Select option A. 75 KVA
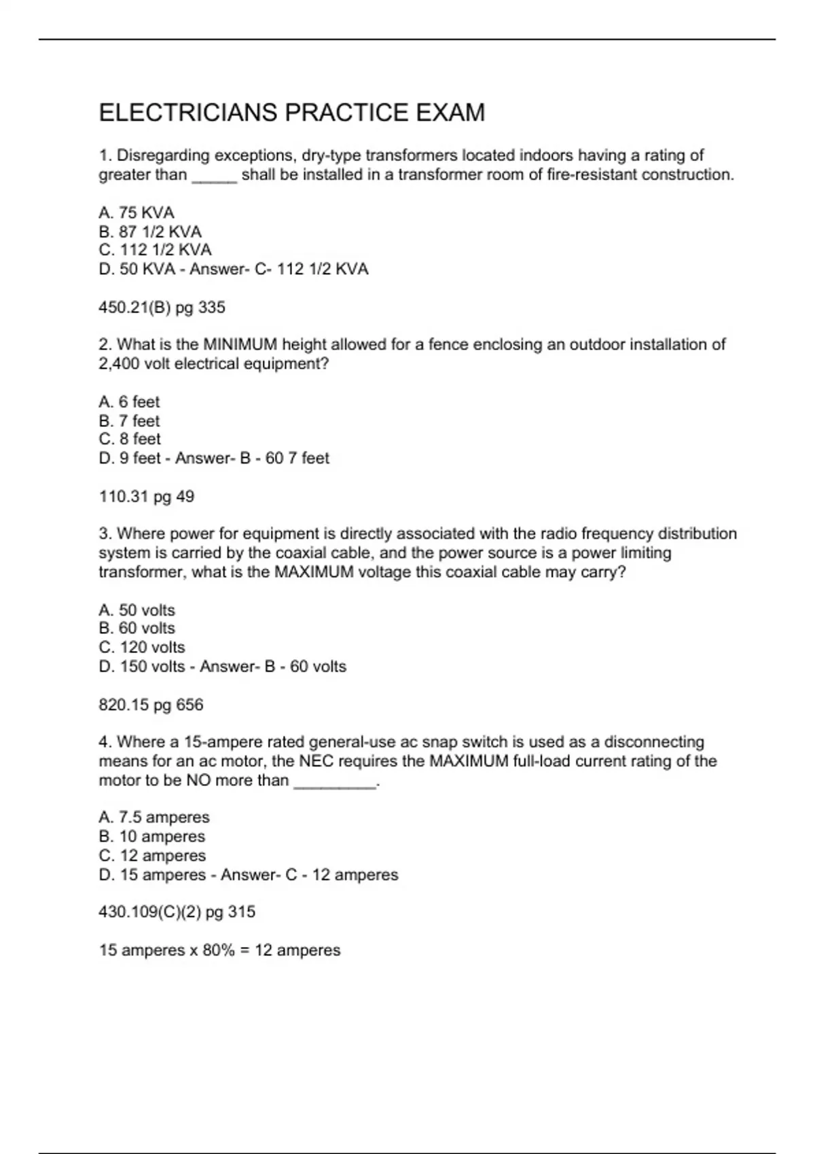(137, 212)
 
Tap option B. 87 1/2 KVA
(150, 231)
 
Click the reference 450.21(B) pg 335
(162, 308)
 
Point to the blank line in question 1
(215, 176)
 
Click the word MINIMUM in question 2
(241, 345)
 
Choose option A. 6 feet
(129, 402)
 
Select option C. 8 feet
(130, 439)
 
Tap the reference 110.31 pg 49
(147, 497)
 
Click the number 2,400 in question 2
(119, 364)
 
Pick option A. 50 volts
(137, 610)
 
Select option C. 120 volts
(142, 648)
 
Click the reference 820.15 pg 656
(151, 705)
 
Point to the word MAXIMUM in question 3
(314, 572)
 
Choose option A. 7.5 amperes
(154, 817)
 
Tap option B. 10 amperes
(151, 836)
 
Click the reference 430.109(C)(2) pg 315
(177, 912)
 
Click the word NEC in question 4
(316, 761)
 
